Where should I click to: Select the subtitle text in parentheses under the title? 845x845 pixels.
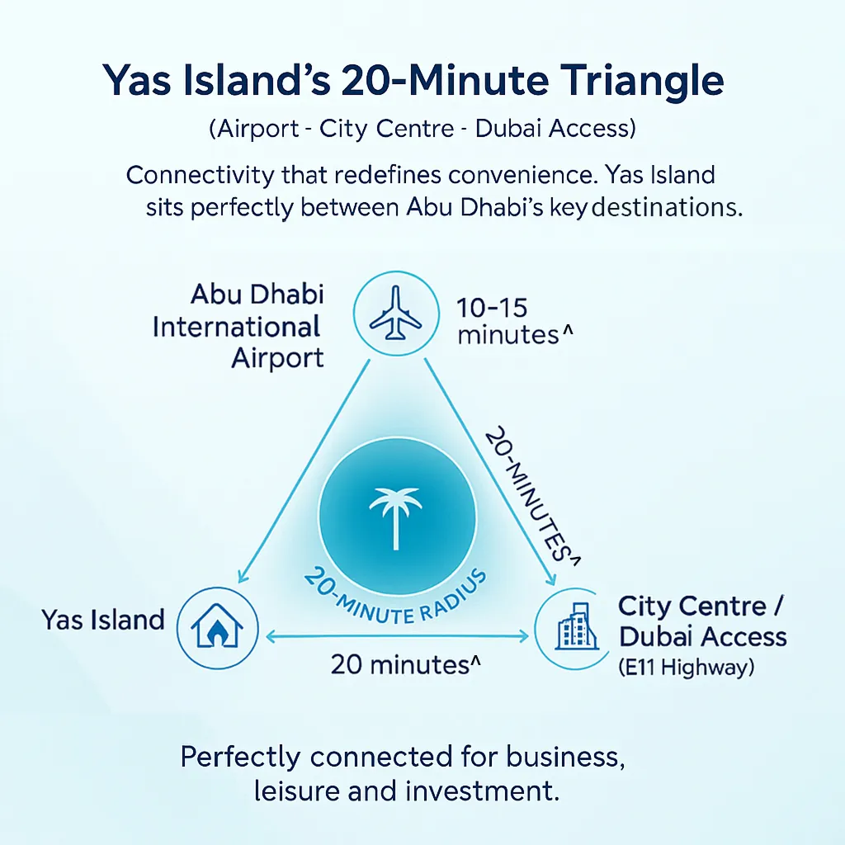[422, 129]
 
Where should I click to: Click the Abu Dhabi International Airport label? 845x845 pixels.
[238, 326]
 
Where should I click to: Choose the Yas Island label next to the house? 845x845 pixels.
[103, 620]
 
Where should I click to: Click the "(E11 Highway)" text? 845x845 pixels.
[687, 667]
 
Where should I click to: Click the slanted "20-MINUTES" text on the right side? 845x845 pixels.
[528, 494]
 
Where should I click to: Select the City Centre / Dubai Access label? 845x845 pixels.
[702, 621]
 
